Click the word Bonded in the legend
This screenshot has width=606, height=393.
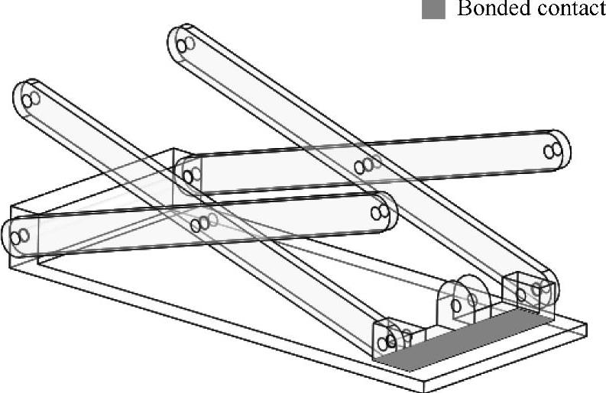pos(484,10)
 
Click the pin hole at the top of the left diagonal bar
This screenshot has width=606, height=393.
pos(31,99)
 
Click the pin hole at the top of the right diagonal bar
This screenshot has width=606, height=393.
pos(184,45)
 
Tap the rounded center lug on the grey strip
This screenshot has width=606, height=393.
pos(465,298)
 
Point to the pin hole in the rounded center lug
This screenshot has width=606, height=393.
pos(458,306)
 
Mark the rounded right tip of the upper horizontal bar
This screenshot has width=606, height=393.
pos(566,149)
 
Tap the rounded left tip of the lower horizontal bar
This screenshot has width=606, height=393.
pos(6,237)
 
